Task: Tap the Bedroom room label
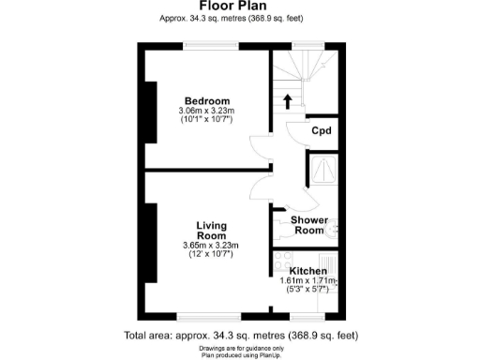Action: click(206, 101)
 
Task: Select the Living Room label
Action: click(211, 231)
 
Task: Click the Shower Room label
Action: click(310, 225)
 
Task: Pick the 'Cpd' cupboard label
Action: click(322, 131)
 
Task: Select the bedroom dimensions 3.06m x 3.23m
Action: click(206, 112)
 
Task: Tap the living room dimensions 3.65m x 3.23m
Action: click(212, 246)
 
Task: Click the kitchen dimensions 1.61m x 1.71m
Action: click(308, 280)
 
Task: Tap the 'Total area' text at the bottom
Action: click(240, 335)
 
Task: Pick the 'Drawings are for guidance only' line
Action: click(240, 347)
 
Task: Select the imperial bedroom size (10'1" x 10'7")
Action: click(206, 120)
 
